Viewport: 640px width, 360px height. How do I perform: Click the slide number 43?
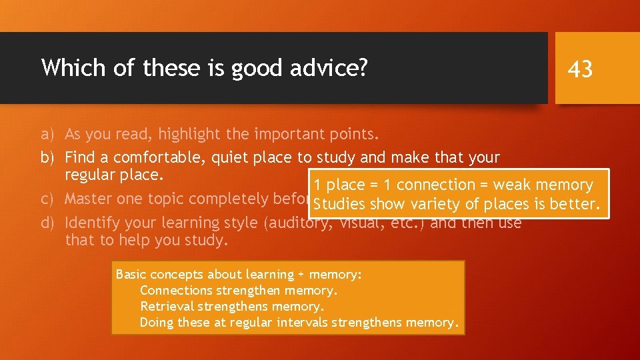[579, 68]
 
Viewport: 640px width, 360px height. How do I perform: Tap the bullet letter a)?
[47, 135]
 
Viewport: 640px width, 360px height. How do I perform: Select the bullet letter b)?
[47, 158]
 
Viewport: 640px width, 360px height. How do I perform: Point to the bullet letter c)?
[47, 199]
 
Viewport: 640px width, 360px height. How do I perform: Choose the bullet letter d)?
[47, 223]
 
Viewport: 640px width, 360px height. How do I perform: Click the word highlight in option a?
[190, 135]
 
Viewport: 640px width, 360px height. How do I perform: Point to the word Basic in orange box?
[131, 275]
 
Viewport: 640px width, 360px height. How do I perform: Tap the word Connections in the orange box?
[176, 291]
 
